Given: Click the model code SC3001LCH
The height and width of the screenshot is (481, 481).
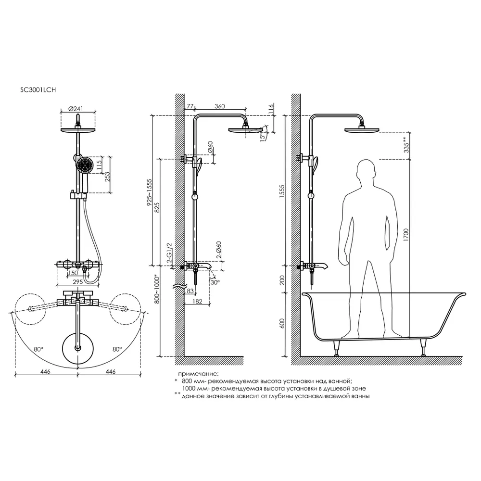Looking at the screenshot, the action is coord(38,90).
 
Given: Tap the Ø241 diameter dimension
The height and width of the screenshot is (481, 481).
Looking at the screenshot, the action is coord(76,109).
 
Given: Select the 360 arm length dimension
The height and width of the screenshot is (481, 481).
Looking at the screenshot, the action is coord(220,106).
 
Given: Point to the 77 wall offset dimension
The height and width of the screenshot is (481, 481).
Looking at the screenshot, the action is coord(190,106).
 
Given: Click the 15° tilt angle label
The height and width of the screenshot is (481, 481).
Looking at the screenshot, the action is coord(262,136).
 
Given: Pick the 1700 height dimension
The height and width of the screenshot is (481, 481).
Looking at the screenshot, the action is coord(406,235).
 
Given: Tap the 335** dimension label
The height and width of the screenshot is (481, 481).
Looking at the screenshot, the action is coord(406,145).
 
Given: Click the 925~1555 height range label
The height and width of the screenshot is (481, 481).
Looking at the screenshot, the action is coord(150,192).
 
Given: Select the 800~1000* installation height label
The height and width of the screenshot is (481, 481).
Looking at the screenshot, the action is coord(157,289).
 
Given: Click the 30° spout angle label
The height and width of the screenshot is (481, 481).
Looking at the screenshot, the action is coord(215,282).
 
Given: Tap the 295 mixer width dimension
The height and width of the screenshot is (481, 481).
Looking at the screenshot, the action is coord(78,281).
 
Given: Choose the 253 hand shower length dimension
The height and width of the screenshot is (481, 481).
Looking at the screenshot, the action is coord(107,177).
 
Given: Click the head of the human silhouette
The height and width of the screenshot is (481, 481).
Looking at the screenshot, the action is coord(367,171).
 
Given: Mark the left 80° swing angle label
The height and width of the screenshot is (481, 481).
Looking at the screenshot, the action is coord(38,349).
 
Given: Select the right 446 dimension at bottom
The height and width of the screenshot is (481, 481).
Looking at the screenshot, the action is coord(111,372).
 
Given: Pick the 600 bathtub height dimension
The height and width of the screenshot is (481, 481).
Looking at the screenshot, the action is coord(282,323).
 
